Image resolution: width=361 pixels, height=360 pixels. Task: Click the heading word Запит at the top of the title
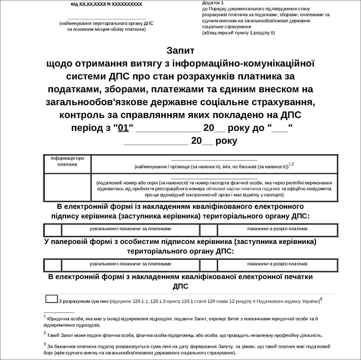pos(180,51)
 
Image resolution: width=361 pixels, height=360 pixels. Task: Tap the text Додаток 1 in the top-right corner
pos(214,3)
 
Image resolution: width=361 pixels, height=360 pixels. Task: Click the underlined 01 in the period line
pos(123,128)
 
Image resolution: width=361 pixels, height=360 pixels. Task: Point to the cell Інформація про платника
pos(67,161)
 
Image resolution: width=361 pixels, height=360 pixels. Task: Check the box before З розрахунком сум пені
pos(51,299)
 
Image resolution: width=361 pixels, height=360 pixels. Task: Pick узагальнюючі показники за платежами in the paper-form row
pos(130,263)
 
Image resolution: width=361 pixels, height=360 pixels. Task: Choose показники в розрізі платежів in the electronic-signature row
pos(277,228)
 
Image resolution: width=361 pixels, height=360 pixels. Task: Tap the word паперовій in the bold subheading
pos(74,241)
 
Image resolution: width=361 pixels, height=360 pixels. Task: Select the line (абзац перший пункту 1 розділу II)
pos(239,32)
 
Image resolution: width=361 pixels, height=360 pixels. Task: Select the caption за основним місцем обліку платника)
pos(106,29)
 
